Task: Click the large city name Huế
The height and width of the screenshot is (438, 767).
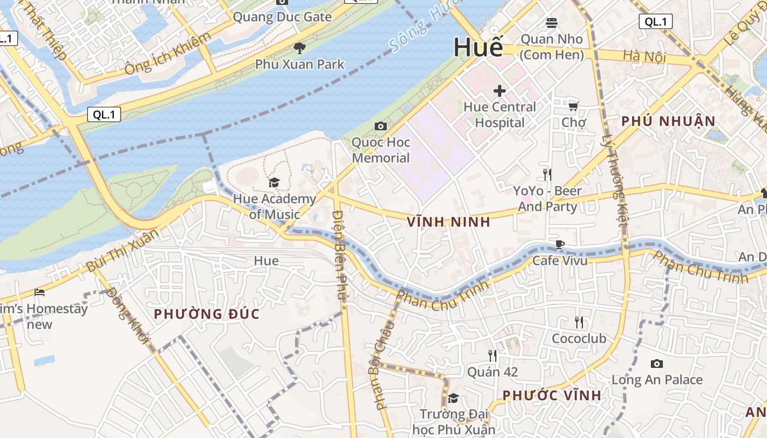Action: pyautogui.click(x=478, y=48)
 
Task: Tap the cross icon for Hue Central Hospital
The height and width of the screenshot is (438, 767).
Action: pyautogui.click(x=499, y=90)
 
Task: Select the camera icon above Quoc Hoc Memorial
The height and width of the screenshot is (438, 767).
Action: pyautogui.click(x=380, y=126)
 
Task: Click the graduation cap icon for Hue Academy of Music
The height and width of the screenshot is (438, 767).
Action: pyautogui.click(x=273, y=182)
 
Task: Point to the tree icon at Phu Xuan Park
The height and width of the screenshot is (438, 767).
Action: pyautogui.click(x=299, y=48)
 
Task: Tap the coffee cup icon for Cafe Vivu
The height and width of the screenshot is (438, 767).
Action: pyautogui.click(x=559, y=244)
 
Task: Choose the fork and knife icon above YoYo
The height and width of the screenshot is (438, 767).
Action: pyautogui.click(x=547, y=175)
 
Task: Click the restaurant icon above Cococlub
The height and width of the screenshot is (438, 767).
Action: pyautogui.click(x=579, y=322)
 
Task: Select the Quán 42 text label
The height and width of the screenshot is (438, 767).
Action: pyautogui.click(x=493, y=372)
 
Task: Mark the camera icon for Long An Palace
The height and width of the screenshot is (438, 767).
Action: pyautogui.click(x=656, y=364)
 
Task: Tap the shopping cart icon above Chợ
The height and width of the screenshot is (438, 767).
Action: pyautogui.click(x=573, y=106)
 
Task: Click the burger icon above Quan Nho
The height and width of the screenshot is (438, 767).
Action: pyautogui.click(x=551, y=23)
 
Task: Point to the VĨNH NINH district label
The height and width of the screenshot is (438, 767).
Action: pyautogui.click(x=449, y=222)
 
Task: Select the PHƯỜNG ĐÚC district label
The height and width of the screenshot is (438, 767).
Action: pyautogui.click(x=207, y=314)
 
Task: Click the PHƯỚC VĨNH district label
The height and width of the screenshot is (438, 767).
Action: pyautogui.click(x=552, y=395)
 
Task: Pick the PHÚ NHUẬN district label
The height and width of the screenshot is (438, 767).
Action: pyautogui.click(x=668, y=121)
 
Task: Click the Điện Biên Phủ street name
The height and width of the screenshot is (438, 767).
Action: pyautogui.click(x=341, y=255)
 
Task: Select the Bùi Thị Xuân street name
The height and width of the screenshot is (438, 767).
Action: pyautogui.click(x=122, y=251)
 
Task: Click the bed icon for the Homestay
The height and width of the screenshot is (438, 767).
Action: pyautogui.click(x=39, y=292)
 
